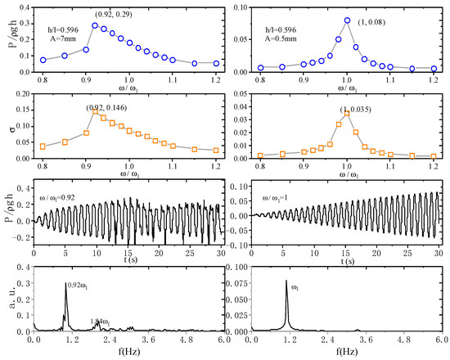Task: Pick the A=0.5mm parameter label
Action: coord(283,37)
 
